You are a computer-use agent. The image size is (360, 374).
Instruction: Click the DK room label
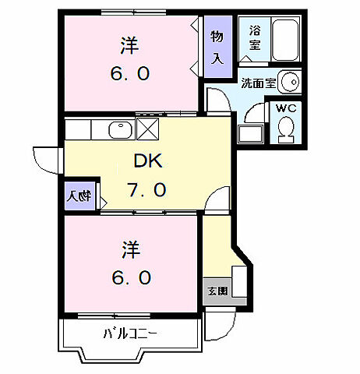pyautogui.click(x=149, y=161)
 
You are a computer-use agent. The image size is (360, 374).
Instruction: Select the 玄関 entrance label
pyautogui.click(x=217, y=291)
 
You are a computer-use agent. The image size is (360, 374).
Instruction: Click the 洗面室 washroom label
pyautogui.click(x=257, y=82)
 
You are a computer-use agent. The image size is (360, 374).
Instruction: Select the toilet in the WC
pyautogui.click(x=285, y=128)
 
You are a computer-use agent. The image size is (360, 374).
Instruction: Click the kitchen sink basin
pyautogui.click(x=119, y=129)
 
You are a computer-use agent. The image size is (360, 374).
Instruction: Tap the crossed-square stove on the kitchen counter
pyautogui.click(x=148, y=128)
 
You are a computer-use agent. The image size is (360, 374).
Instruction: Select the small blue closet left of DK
pyautogui.click(x=79, y=197)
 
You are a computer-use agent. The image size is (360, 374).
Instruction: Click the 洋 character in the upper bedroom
pyautogui.click(x=129, y=45)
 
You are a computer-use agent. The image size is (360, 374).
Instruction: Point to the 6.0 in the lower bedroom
pyautogui.click(x=130, y=277)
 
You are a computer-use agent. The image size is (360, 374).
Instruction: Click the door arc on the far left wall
pyautogui.click(x=44, y=160)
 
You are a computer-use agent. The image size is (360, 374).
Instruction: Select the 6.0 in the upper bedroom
pyautogui.click(x=129, y=74)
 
